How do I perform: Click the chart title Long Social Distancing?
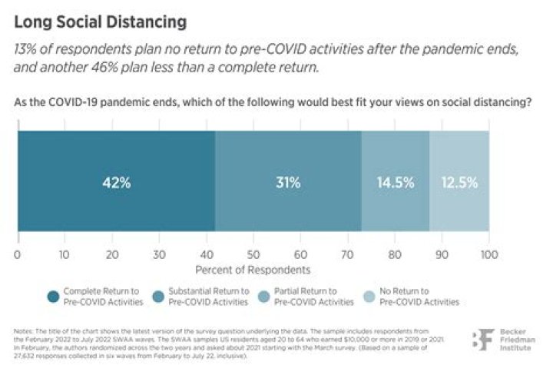tap(100, 22)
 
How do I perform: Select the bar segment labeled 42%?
tap(115, 184)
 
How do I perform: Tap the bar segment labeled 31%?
tap(288, 184)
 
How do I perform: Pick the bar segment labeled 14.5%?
tap(395, 184)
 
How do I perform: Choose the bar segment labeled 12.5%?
tap(459, 184)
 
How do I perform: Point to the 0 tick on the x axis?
tap(17, 254)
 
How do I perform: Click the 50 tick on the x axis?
tap(253, 254)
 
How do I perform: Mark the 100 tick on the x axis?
tap(488, 254)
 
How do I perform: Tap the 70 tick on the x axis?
tap(347, 254)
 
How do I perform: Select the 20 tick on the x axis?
tap(111, 254)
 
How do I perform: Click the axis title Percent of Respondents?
tap(253, 270)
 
